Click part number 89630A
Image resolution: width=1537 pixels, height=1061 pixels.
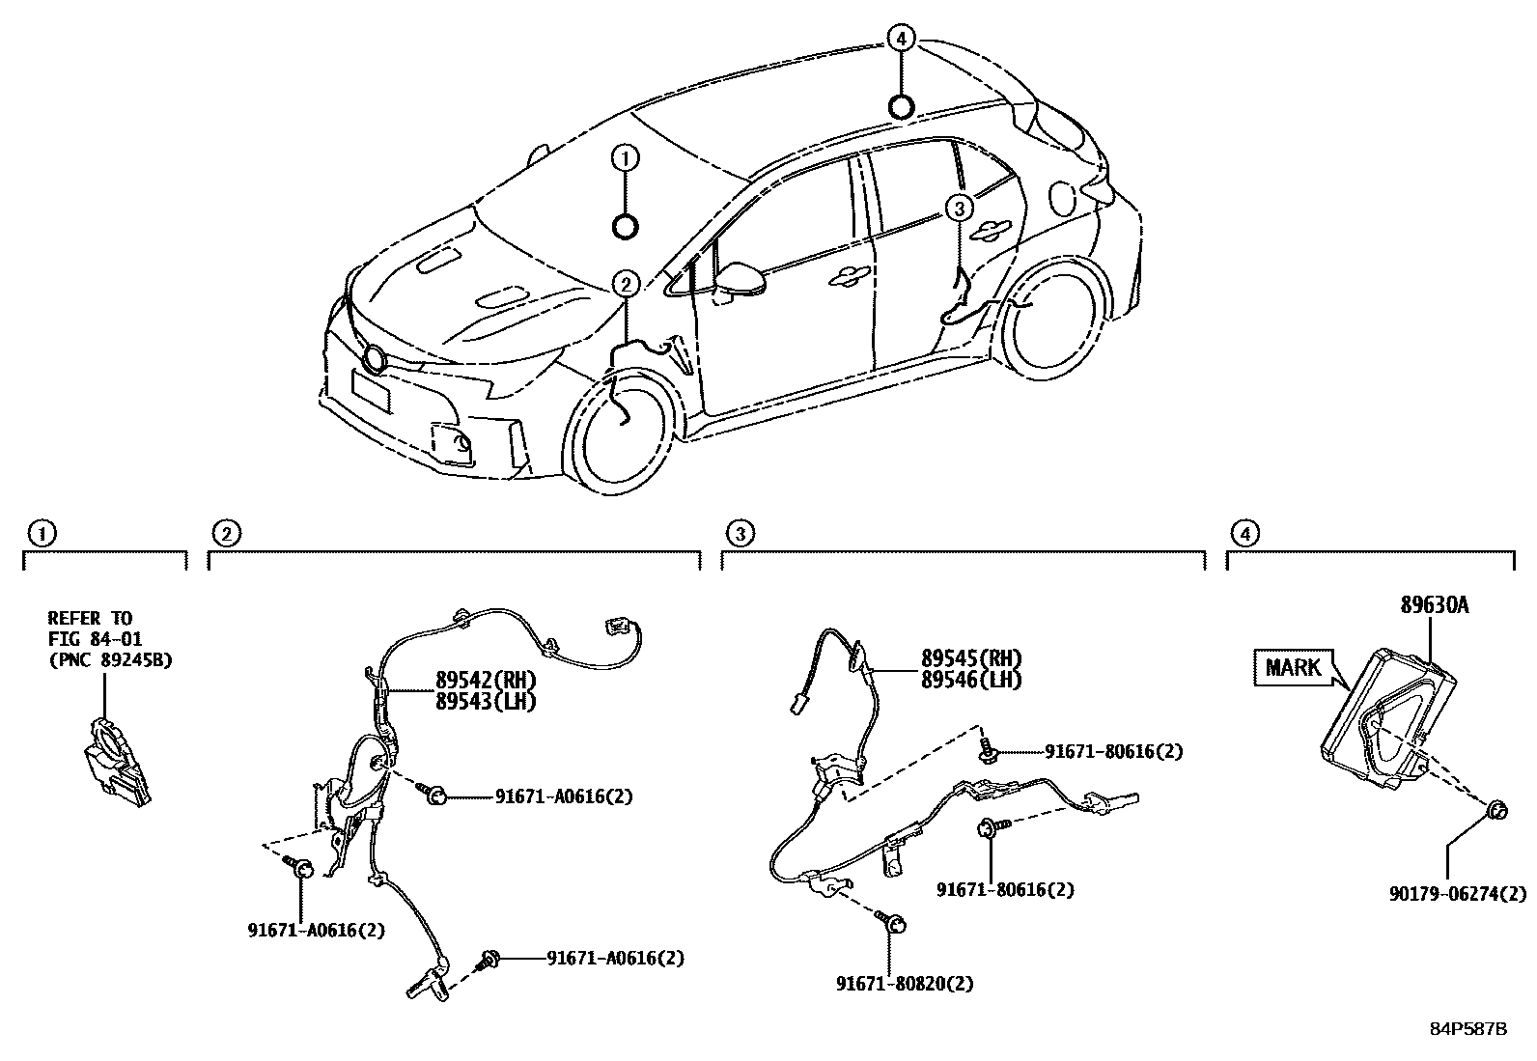point(1435,605)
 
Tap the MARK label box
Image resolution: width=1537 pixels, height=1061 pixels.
point(1294,667)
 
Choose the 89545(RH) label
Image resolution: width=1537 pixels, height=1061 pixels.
point(970,659)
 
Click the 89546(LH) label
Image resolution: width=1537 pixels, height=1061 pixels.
point(970,679)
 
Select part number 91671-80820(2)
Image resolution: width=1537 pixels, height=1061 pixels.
point(905,984)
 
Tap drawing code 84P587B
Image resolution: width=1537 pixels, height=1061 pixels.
point(1467,1029)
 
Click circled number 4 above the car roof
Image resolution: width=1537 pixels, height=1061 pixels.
point(900,39)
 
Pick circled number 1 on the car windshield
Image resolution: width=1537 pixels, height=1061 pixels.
point(626,157)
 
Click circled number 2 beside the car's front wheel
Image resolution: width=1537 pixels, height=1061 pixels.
point(626,284)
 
